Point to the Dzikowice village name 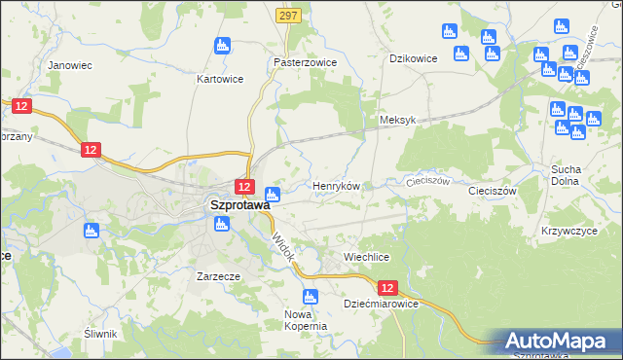pyautogui.click(x=414, y=58)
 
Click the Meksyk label pyautogui.click(x=397, y=120)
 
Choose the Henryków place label pyautogui.click(x=336, y=185)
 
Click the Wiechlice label pyautogui.click(x=367, y=256)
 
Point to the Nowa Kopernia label pyautogui.click(x=305, y=320)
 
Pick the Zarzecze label pyautogui.click(x=218, y=275)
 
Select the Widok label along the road pyautogui.click(x=282, y=243)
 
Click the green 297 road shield pyautogui.click(x=287, y=16)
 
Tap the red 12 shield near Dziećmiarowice pyautogui.click(x=388, y=288)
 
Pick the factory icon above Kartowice pyautogui.click(x=223, y=45)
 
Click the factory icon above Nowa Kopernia pyautogui.click(x=311, y=296)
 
